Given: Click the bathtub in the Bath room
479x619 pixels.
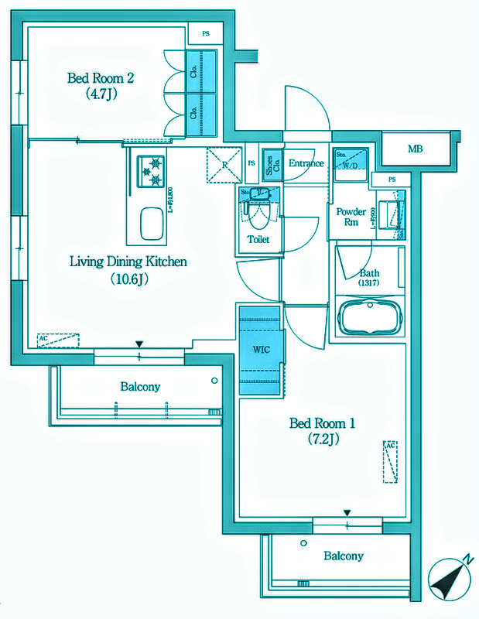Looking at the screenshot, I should pyautogui.click(x=368, y=316).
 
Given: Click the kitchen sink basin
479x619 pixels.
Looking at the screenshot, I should pyautogui.click(x=152, y=225).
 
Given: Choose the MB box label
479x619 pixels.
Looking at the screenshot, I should pyautogui.click(x=416, y=149).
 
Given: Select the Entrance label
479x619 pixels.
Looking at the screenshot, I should pyautogui.click(x=306, y=163).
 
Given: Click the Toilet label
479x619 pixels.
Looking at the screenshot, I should pyautogui.click(x=258, y=240).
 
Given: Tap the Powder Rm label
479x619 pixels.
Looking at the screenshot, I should pyautogui.click(x=351, y=217).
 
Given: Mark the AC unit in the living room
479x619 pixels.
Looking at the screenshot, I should pyautogui.click(x=58, y=340).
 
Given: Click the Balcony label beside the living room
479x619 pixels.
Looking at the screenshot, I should pyautogui.click(x=140, y=386).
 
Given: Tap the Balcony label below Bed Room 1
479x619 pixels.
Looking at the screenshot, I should pyautogui.click(x=344, y=556).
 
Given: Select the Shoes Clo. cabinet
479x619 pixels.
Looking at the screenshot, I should pyautogui.click(x=272, y=166).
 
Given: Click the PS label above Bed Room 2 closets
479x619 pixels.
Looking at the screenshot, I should pyautogui.click(x=205, y=33).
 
